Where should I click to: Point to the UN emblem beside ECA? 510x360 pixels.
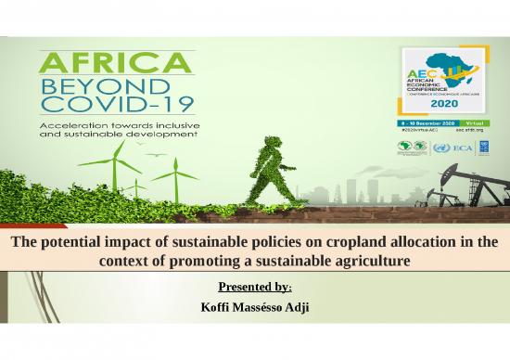pyautogui.click(x=440, y=148)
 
